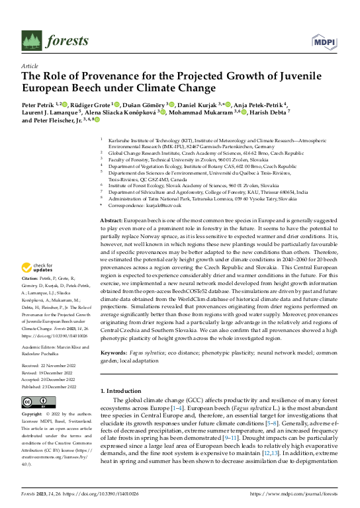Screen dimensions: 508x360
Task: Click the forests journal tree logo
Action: (x=32, y=40)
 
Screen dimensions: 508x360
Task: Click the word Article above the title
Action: (x=30, y=67)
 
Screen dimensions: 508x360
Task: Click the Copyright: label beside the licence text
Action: (x=32, y=414)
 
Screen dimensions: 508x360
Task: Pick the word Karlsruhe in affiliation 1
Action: (x=117, y=141)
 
